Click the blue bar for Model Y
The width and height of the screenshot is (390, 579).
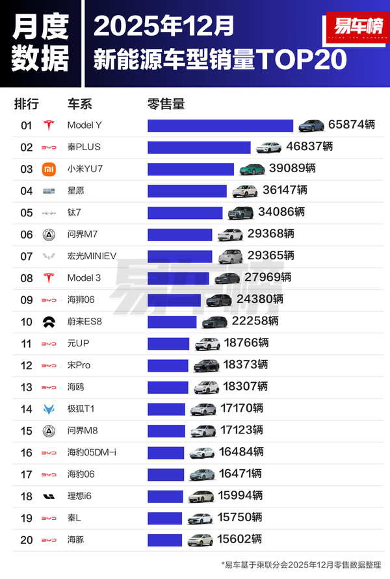(x=220, y=125)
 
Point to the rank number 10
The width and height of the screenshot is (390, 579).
(x=27, y=322)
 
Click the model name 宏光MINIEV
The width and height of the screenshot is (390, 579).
(x=92, y=256)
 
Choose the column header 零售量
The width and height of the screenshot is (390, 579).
(x=166, y=104)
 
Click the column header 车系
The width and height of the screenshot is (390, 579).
(x=80, y=104)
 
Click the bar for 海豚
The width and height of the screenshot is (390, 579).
(x=165, y=539)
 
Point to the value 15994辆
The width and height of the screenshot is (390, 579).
(x=240, y=496)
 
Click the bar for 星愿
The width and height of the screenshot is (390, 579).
(x=187, y=191)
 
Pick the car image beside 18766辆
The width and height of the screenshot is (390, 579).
(x=207, y=344)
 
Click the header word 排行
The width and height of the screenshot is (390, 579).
(x=27, y=104)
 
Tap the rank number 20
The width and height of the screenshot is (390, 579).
(x=27, y=539)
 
